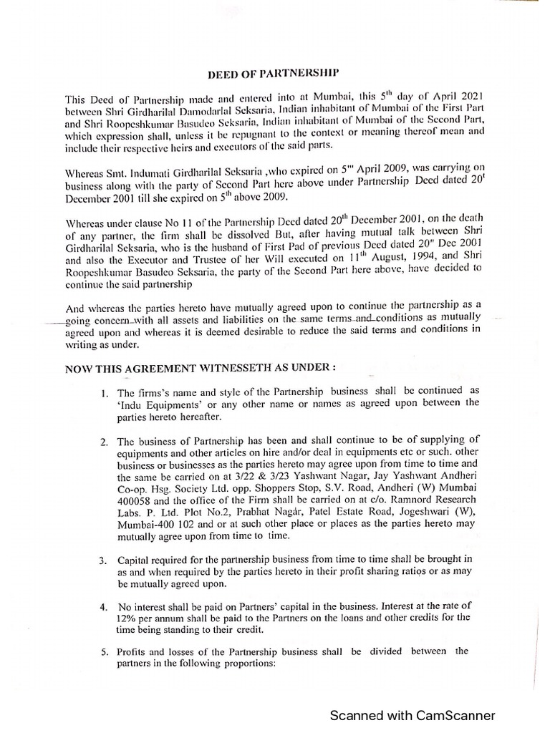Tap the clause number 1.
[x=105, y=392]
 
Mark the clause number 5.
[x=105, y=651]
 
